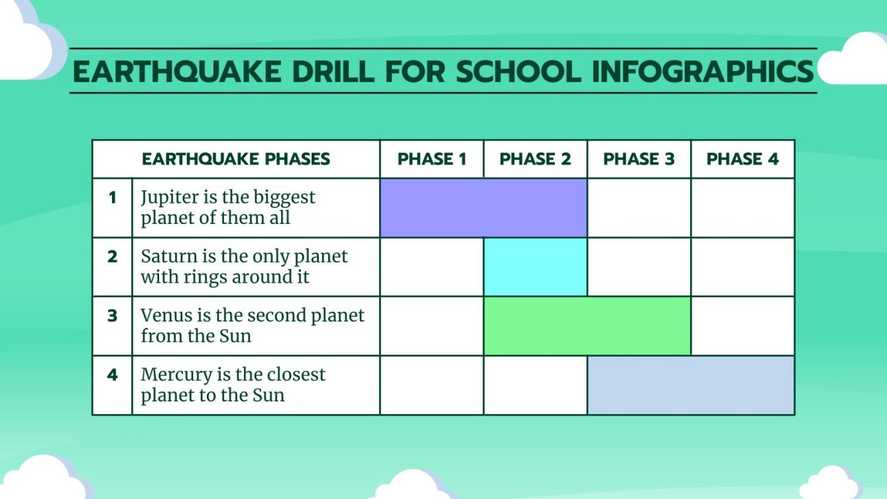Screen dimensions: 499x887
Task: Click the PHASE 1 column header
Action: coord(432,159)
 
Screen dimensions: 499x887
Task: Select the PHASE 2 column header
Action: coord(535,159)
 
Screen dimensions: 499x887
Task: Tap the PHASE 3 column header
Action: coord(638,159)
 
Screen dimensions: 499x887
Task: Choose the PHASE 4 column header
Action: coord(742,159)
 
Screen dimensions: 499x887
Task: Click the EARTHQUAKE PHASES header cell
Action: coord(236,159)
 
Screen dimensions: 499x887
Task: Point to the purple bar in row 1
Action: coord(483,207)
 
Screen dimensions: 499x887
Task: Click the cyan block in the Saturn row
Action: coord(535,266)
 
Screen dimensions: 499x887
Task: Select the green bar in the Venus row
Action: coord(587,325)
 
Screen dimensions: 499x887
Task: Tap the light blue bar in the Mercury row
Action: coord(690,385)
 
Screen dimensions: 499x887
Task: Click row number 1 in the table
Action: coord(112,197)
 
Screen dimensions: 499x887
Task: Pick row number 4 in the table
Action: coord(112,375)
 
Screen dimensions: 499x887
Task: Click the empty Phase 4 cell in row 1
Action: coord(742,207)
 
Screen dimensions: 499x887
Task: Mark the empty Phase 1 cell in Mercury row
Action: coord(432,385)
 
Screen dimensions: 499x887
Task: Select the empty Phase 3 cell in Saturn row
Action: coord(638,266)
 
